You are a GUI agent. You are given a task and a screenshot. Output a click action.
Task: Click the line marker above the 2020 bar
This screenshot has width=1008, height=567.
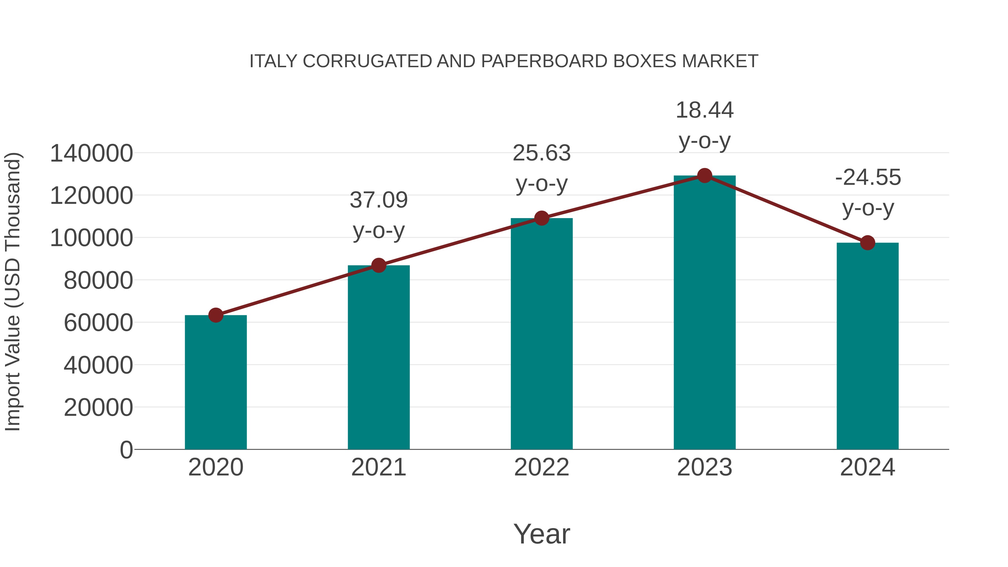(x=216, y=315)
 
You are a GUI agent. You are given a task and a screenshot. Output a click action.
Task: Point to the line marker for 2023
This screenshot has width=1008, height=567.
(x=704, y=176)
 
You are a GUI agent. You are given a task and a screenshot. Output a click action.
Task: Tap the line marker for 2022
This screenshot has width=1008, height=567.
(x=542, y=218)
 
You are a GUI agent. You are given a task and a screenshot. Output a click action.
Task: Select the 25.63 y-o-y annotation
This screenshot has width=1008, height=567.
(x=542, y=168)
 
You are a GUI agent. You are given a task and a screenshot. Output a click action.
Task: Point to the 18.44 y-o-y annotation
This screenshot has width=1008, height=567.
(x=704, y=125)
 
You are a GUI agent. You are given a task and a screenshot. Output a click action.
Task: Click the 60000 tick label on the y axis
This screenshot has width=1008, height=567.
(x=98, y=323)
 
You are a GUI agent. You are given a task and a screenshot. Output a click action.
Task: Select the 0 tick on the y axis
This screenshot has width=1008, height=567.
(x=126, y=450)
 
